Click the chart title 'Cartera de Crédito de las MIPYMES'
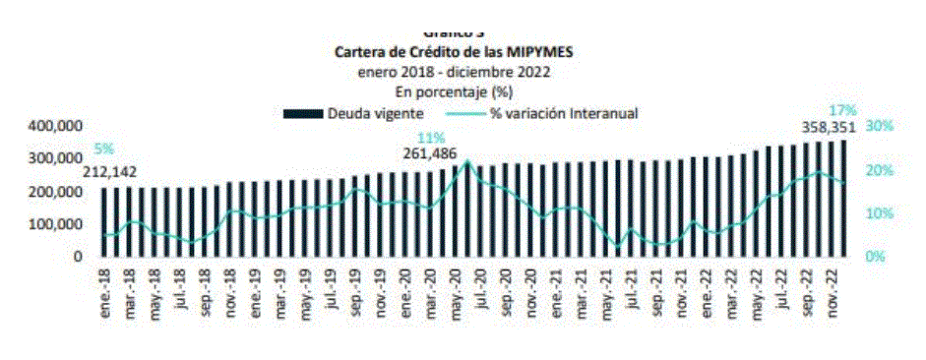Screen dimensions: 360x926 point(454,53)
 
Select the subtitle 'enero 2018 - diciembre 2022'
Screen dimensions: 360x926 point(454,72)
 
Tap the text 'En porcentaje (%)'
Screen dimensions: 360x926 point(454,91)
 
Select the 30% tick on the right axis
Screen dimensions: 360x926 point(880,127)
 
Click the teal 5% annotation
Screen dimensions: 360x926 point(103,150)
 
